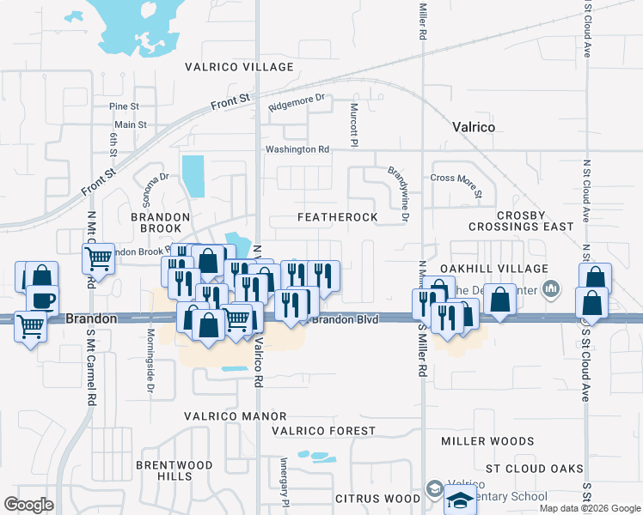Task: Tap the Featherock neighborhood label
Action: [338, 218]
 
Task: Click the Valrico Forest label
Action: [323, 431]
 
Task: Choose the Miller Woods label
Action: [487, 441]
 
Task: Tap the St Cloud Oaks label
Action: [534, 470]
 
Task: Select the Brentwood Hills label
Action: [175, 470]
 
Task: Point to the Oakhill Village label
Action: [494, 270]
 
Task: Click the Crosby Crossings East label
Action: [521, 220]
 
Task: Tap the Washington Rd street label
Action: [297, 149]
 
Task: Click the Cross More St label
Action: [456, 178]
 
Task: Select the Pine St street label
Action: [124, 106]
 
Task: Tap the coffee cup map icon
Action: [42, 300]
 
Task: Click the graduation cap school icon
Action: [460, 500]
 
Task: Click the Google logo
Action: [28, 504]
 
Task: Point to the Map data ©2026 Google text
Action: [590, 508]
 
